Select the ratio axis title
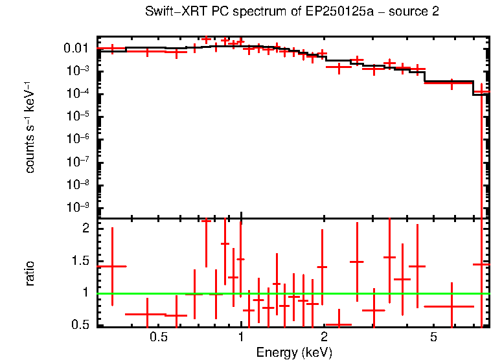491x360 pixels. coord(30,274)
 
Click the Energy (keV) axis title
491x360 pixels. coord(293,352)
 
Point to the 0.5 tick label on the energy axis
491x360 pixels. coord(158,337)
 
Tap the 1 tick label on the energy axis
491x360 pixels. coord(241,337)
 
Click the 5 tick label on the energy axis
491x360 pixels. coord(433,337)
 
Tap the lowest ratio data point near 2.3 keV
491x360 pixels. coord(338,324)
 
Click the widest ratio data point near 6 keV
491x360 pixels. coord(451,306)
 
